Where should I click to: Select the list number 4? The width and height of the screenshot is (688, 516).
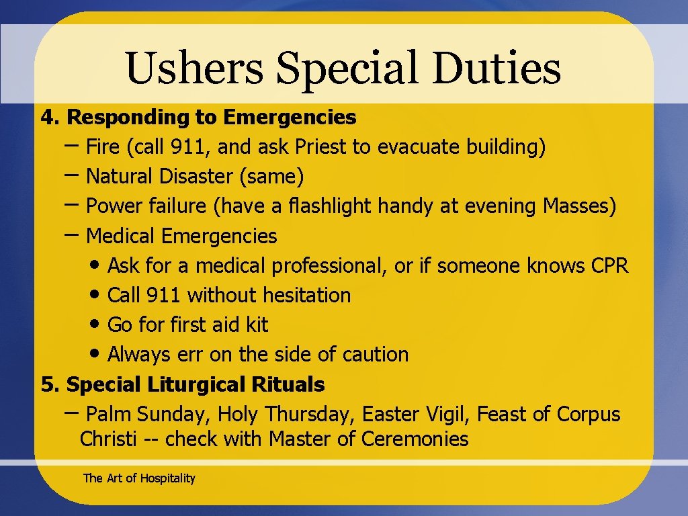[x=49, y=118]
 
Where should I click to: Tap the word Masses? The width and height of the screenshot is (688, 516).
[x=578, y=206]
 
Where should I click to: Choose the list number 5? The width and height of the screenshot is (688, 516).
[x=49, y=385]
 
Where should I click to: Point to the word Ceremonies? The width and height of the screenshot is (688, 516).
[x=415, y=439]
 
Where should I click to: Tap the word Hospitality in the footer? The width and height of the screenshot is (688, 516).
[x=167, y=478]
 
